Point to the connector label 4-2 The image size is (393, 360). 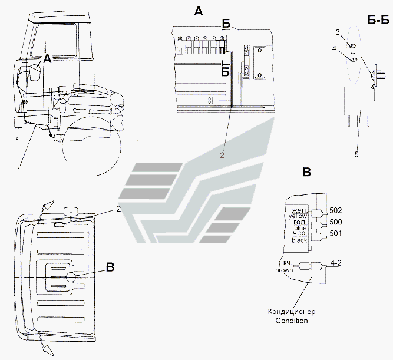tap(335, 263)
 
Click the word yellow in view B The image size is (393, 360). tap(296, 216)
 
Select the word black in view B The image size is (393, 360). tap(299, 240)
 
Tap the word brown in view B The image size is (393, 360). tap(285, 270)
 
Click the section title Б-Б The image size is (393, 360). tap(377, 21)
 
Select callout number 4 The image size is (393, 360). tap(333, 49)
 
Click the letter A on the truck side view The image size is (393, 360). tap(46, 59)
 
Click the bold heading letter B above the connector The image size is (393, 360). tap(306, 172)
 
